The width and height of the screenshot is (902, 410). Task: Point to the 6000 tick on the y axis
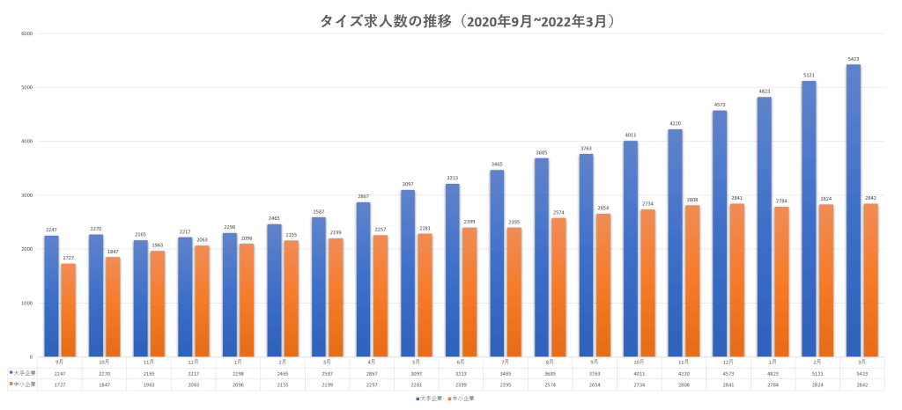pos(26,34)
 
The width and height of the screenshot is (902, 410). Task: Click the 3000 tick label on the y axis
pos(26,195)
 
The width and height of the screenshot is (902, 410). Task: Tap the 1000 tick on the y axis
pos(26,304)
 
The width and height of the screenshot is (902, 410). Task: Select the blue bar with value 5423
pos(854,211)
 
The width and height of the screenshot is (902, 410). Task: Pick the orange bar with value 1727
pos(69,310)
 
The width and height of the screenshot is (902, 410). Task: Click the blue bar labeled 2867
pos(363,280)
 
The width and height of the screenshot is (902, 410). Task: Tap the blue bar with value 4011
pos(631,249)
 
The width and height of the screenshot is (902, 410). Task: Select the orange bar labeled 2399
pos(469,292)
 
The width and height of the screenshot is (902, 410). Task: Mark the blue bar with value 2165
pos(141,298)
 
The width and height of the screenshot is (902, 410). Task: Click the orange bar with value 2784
pos(781,282)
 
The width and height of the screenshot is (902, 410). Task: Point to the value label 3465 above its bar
pos(497,165)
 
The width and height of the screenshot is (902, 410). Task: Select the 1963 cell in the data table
pos(148,384)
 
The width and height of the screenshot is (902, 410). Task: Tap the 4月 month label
pos(371,362)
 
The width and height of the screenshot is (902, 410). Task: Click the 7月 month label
pos(505,362)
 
